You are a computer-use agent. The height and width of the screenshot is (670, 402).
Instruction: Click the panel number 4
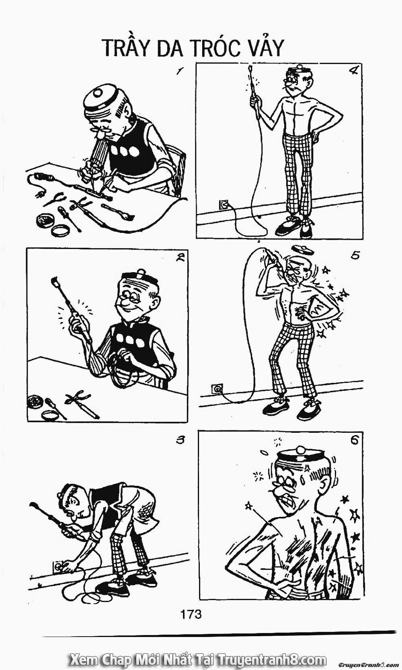click(x=353, y=72)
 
